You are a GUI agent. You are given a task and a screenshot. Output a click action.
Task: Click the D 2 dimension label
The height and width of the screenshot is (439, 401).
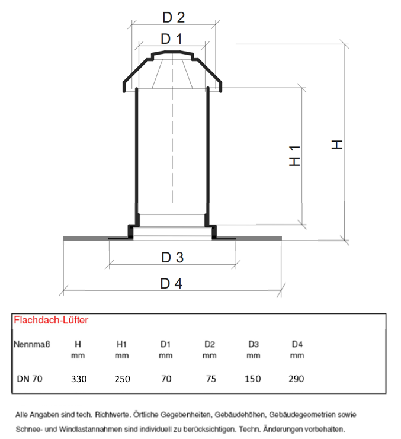click(174, 17)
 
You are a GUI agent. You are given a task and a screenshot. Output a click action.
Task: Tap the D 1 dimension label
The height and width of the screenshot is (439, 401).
click(172, 39)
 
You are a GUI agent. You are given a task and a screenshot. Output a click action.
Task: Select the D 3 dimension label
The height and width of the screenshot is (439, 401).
click(172, 258)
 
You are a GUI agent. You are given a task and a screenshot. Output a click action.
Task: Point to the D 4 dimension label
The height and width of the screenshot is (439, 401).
click(171, 284)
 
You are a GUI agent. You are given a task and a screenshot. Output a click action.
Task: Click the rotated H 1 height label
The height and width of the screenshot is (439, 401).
click(294, 156)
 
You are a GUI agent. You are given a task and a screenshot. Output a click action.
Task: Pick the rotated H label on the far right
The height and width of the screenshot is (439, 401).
click(337, 145)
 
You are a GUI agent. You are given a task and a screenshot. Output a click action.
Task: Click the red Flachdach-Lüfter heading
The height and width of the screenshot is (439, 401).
click(51, 320)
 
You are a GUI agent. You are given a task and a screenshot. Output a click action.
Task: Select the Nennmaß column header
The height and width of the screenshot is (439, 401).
click(32, 344)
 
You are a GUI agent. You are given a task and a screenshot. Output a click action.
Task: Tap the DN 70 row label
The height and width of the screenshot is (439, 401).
click(30, 379)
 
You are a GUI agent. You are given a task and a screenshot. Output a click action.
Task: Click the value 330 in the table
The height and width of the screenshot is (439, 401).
click(79, 379)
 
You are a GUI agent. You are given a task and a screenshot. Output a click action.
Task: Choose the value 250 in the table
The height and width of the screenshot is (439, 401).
click(122, 379)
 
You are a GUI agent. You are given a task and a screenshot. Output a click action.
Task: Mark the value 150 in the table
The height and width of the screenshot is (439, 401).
click(253, 379)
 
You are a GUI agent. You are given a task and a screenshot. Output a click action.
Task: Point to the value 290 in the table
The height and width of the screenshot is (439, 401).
click(296, 379)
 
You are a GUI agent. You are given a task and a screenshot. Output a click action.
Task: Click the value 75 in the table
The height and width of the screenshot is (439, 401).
click(211, 379)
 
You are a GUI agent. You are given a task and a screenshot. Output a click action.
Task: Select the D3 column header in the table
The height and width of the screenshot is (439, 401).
click(254, 344)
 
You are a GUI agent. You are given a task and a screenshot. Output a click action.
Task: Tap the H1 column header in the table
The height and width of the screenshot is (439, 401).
click(122, 344)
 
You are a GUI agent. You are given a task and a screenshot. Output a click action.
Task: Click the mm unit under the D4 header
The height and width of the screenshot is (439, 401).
click(297, 355)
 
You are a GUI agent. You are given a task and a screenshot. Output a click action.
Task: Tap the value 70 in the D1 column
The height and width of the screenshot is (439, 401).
click(166, 379)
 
